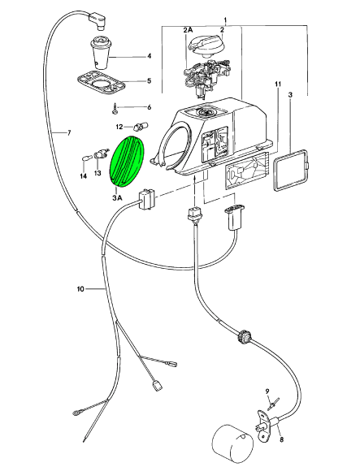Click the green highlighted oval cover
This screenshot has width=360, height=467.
pos(127,161)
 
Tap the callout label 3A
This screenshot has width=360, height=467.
pos(117,197)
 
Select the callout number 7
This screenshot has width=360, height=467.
pos(69,132)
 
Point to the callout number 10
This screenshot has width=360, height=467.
pos(80,289)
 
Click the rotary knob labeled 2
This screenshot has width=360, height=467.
pos(206,45)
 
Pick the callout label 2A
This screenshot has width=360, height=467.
pos(188,30)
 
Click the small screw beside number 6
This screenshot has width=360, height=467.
pos(115,108)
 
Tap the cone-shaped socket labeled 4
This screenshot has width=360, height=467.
pos(101,53)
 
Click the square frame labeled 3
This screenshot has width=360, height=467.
pos(291,170)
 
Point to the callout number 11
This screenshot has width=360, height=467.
pos(277,84)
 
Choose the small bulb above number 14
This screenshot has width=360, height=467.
pos(85,157)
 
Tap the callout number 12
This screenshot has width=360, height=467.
pos(119,128)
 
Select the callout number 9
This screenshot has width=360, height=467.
pos(267,391)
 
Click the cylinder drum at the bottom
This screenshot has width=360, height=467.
pos(232,443)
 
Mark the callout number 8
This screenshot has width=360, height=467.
pos(282,439)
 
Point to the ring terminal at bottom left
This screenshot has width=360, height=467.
pos(76,413)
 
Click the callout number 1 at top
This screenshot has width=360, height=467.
pos(226,20)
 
